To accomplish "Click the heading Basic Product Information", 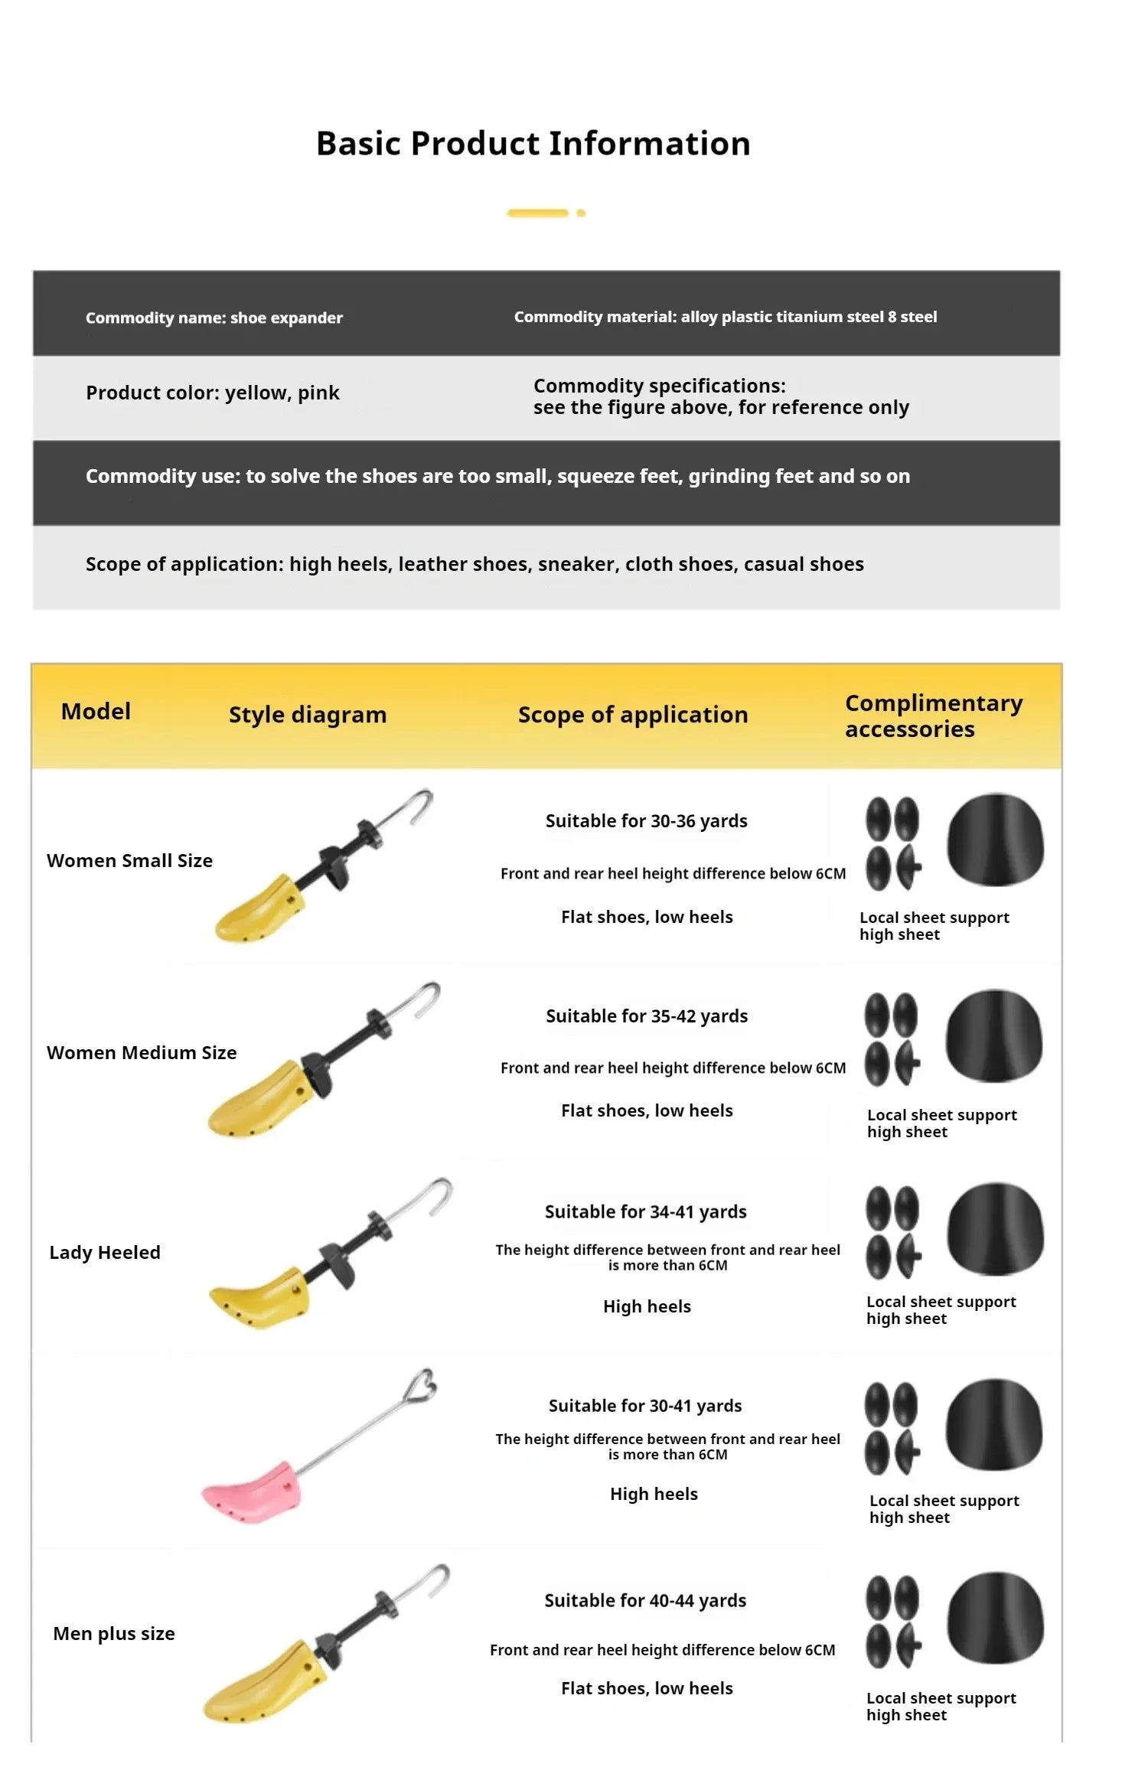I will tap(533, 144).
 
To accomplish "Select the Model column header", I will tap(96, 712).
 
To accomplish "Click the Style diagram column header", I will tap(308, 715).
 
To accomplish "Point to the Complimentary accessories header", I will tap(933, 716).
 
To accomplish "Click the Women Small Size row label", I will tap(129, 861).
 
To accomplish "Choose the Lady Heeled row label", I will tap(105, 1253).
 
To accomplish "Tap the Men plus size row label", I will tap(114, 1634).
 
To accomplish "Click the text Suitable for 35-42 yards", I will tap(647, 1016).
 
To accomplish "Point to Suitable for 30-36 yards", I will tap(647, 821).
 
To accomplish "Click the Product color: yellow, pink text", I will tap(212, 393).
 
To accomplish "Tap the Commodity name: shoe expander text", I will tap(214, 318).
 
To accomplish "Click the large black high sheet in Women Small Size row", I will tap(995, 840).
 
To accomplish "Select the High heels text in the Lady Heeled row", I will tap(647, 1307).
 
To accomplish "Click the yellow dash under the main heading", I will tap(537, 213).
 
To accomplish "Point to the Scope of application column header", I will tap(633, 715).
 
